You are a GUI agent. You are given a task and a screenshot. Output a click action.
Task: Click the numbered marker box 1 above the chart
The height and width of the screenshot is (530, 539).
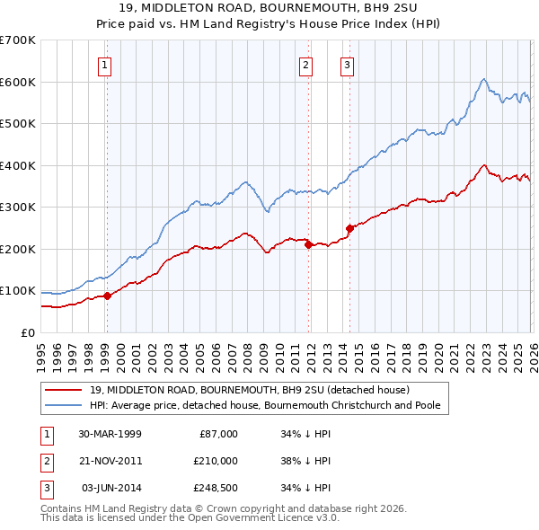click(x=105, y=64)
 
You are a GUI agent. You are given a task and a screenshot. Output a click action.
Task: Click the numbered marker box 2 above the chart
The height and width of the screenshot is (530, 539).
click(x=306, y=64)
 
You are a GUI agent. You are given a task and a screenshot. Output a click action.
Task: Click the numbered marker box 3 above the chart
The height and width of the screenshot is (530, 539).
click(x=347, y=64)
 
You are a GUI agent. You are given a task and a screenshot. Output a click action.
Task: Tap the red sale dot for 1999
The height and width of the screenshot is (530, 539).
click(x=107, y=296)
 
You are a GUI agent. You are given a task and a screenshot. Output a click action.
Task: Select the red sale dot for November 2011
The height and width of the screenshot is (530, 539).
click(x=307, y=244)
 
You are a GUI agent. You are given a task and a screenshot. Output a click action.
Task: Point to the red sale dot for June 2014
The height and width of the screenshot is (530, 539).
click(x=349, y=228)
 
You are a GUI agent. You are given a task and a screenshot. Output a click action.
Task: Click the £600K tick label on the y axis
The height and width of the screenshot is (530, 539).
click(x=18, y=82)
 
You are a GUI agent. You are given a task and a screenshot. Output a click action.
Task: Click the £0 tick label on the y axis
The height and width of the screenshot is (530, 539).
click(x=28, y=332)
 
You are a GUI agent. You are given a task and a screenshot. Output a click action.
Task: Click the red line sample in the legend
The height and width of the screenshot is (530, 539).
click(x=64, y=390)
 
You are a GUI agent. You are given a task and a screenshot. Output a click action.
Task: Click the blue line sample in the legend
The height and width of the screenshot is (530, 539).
click(x=64, y=405)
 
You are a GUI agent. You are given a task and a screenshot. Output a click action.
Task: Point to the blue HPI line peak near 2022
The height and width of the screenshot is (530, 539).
click(x=484, y=79)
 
